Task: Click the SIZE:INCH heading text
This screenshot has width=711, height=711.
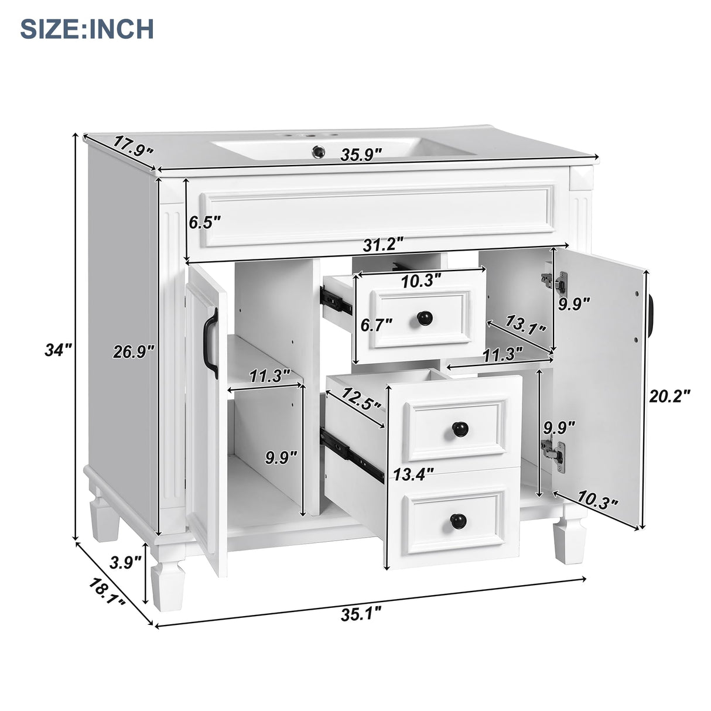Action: (87, 28)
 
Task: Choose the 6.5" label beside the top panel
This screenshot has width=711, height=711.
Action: (204, 222)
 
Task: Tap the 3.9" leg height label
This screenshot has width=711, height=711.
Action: (125, 563)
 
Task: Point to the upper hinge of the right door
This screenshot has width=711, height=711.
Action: (555, 282)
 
